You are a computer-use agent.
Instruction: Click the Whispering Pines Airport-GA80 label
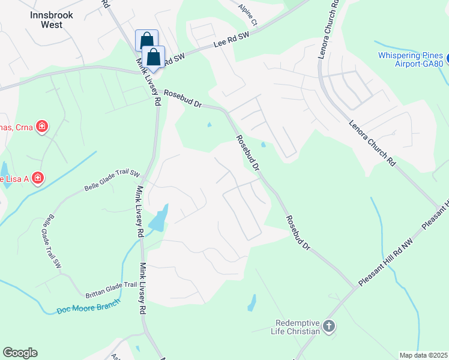point(411,59)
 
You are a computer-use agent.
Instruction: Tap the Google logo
point(20,353)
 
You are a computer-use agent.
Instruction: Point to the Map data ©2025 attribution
point(423,355)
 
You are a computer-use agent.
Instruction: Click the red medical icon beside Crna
point(42,126)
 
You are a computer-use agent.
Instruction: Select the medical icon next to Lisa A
point(37,178)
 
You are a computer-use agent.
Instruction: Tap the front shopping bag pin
point(154,58)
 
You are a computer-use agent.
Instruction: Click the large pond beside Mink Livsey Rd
point(158,219)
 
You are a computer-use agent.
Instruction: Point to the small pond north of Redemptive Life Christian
point(252,302)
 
